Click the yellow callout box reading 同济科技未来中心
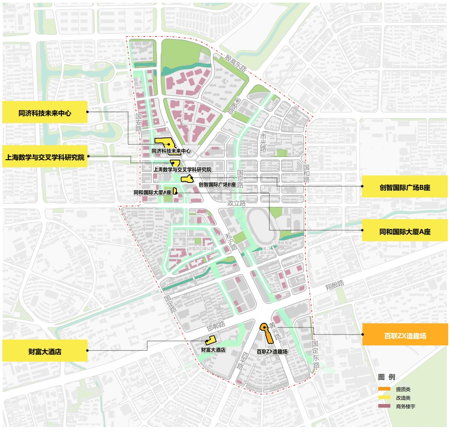(x=45, y=113)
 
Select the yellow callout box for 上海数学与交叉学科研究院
(x=45, y=157)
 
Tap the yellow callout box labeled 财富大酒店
(x=45, y=351)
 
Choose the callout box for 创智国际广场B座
(x=405, y=187)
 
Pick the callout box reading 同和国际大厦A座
(x=405, y=231)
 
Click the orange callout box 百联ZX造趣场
(x=405, y=335)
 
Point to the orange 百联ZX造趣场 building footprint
(x=266, y=334)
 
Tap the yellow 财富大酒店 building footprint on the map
(x=211, y=341)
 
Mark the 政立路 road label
(x=237, y=203)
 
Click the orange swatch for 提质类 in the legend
(x=384, y=389)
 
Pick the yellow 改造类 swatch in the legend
(x=384, y=398)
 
